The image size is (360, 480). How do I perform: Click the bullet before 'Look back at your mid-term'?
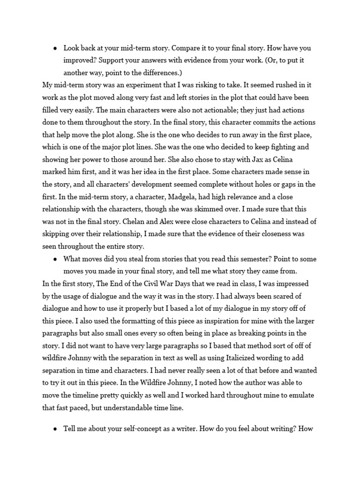pos(55,48)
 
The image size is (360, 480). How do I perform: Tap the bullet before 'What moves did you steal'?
pos(55,258)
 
